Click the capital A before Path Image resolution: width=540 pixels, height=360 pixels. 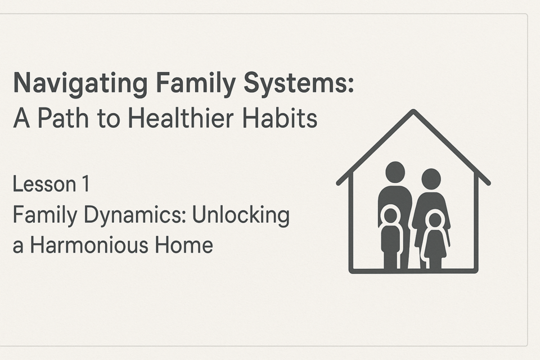coord(21,118)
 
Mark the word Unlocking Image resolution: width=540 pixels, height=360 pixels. coord(241,215)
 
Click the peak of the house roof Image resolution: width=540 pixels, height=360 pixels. coord(413,111)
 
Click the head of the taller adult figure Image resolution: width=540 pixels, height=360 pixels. coord(395,172)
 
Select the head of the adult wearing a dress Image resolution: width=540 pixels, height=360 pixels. coord(431,179)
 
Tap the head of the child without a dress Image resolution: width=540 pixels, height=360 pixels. coord(390,215)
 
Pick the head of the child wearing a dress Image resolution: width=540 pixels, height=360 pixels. coord(435,220)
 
